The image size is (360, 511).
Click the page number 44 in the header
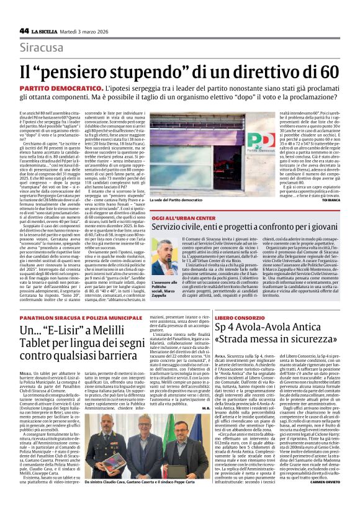tap(24, 30)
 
